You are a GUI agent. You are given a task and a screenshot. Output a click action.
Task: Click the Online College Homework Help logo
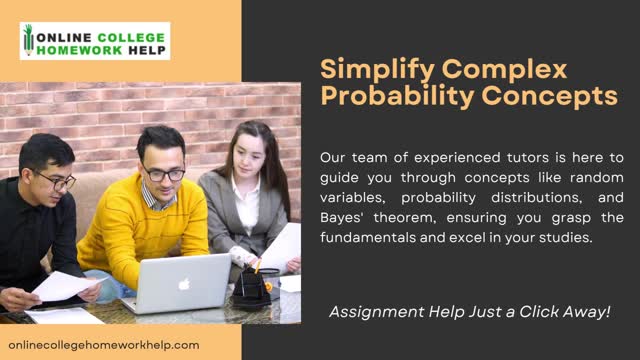(95, 41)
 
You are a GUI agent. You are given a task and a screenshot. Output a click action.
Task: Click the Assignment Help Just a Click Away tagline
(469, 312)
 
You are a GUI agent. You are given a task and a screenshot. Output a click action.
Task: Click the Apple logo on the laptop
(183, 284)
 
